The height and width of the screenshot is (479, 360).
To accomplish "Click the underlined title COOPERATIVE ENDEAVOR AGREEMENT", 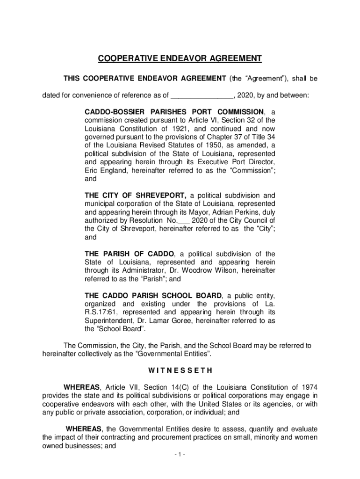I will coord(180,59).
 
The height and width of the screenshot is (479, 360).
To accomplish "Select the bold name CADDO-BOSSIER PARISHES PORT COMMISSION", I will coord(174,112).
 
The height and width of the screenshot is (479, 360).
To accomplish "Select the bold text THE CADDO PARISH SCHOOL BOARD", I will coord(153,295).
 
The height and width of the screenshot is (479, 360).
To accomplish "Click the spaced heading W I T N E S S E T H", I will coord(180,370).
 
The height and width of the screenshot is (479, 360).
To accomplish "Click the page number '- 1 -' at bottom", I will coord(180,455).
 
